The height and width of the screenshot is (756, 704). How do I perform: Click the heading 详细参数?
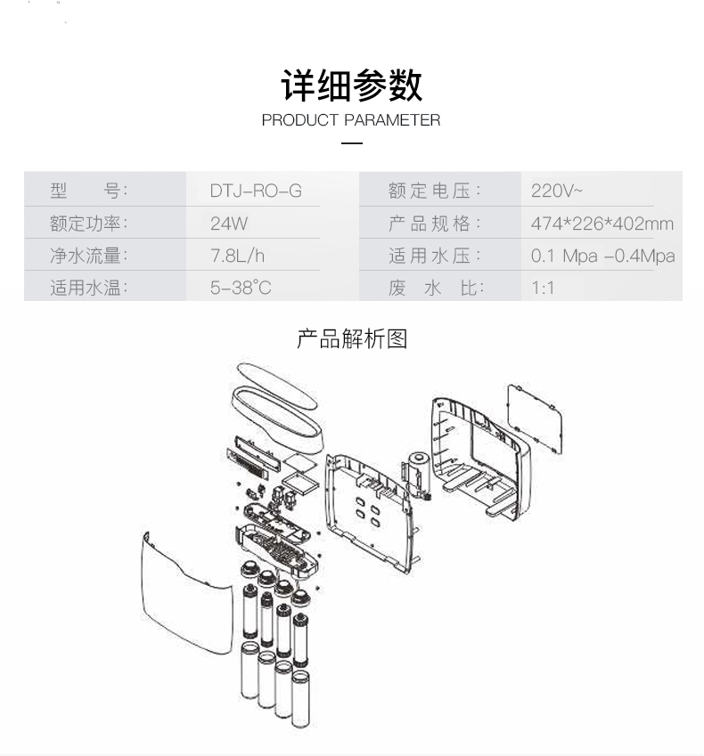[352, 85]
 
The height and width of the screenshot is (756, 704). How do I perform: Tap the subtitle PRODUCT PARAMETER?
[351, 120]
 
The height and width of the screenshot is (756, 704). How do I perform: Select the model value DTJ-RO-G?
[256, 191]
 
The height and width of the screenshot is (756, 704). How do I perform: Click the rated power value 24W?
[229, 224]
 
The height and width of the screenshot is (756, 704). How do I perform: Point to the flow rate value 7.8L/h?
[238, 256]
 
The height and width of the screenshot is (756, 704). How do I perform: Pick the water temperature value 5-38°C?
[241, 289]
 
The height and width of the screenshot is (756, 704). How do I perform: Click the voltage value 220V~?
[557, 191]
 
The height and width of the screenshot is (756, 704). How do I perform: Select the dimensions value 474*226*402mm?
[602, 224]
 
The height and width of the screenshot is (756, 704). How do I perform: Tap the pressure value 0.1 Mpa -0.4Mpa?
[602, 256]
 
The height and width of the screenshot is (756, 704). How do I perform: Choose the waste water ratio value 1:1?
[543, 289]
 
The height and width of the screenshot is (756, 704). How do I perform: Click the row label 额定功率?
[89, 224]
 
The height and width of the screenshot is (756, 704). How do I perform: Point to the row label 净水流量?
[89, 256]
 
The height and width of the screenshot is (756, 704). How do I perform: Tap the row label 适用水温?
[89, 289]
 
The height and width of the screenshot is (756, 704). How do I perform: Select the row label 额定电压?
[434, 191]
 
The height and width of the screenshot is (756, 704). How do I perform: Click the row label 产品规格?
[434, 224]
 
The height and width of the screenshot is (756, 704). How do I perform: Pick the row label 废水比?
[434, 289]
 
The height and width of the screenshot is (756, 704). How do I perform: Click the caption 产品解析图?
[352, 339]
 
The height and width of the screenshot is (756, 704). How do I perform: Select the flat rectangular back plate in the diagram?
[535, 419]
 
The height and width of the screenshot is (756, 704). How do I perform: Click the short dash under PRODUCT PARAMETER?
[353, 143]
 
